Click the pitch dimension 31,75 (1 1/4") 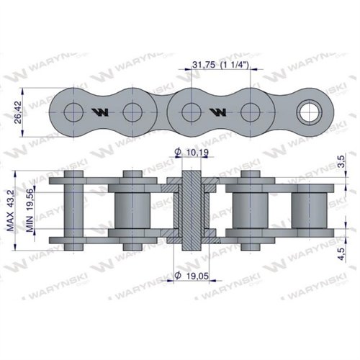click(x=220, y=65)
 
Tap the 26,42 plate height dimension click(x=18, y=112)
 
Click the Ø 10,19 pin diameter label click(x=192, y=152)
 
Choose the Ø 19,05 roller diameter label click(x=192, y=276)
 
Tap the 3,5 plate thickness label click(x=342, y=161)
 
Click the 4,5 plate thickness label click(x=341, y=254)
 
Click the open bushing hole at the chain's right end click(x=309, y=112)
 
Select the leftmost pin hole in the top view click(x=73, y=112)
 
